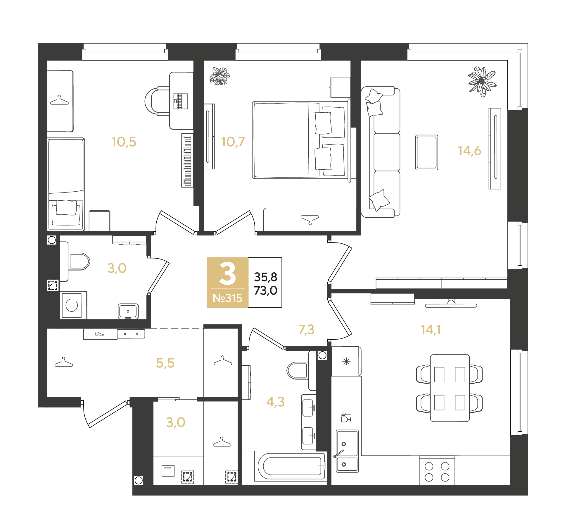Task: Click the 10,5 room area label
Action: (124, 142)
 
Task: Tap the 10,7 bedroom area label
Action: (233, 142)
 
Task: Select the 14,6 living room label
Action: (469, 151)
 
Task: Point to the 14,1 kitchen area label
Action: (431, 330)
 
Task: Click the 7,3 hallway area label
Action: (306, 330)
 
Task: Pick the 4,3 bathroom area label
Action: (275, 402)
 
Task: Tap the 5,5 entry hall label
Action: (165, 363)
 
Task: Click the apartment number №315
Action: (227, 298)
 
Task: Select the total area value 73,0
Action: (265, 290)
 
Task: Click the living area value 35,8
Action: (265, 277)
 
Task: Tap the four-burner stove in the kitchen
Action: (437, 472)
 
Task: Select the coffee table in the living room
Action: (427, 152)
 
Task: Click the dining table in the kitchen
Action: (450, 388)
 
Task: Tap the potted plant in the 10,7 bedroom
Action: (220, 76)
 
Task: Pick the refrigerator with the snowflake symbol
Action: (346, 362)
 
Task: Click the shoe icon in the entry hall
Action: (99, 333)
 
